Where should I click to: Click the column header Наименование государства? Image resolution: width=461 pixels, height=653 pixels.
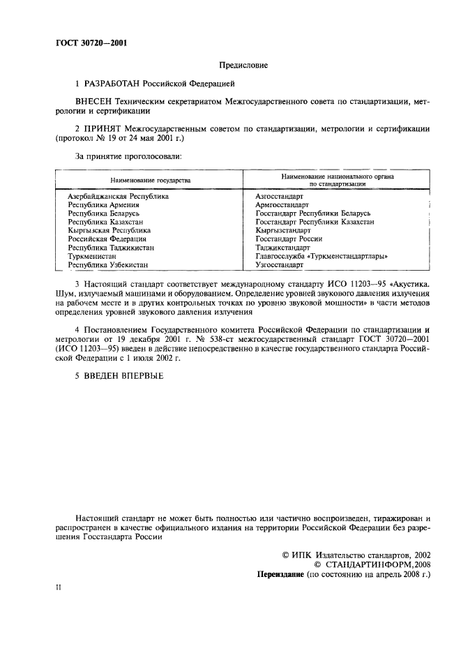149,180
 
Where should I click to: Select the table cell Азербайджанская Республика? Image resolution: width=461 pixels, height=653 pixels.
118,197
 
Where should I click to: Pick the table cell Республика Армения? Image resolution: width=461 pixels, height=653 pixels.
103,205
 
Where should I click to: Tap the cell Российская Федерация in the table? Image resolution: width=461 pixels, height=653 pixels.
107,239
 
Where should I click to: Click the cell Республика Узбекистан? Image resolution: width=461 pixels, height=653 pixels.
107,265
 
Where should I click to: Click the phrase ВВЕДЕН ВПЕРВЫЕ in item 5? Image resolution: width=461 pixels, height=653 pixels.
123,376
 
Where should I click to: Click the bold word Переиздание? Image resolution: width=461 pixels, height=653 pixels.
282,574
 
